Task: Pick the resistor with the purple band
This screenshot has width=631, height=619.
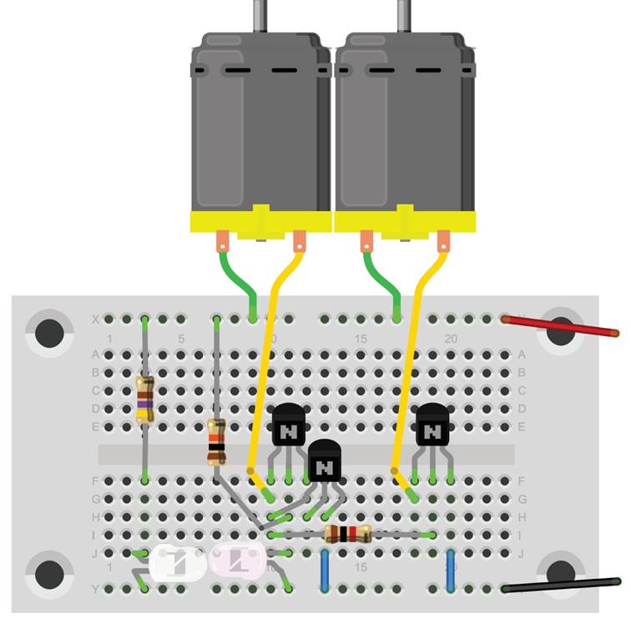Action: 145,399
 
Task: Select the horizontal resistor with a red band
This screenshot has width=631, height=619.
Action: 346,535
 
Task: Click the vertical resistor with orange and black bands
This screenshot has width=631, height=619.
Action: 216,442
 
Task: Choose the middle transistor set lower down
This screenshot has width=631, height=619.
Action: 325,461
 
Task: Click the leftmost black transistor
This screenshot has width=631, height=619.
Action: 289,426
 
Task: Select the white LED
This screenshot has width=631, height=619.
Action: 178,563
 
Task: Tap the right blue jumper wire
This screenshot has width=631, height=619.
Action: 451,570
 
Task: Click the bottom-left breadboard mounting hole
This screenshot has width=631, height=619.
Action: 49,573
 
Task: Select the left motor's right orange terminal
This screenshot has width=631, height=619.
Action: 299,242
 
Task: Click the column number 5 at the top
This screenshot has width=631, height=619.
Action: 181,339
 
